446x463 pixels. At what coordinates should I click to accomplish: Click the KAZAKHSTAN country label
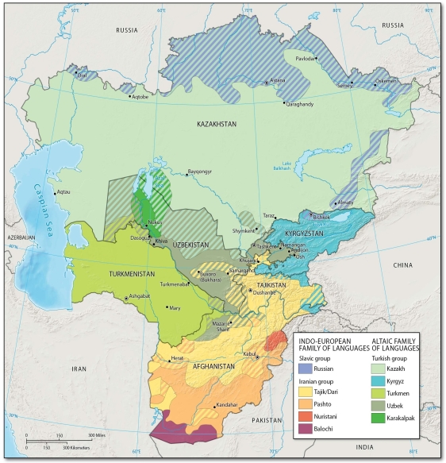coord(217,125)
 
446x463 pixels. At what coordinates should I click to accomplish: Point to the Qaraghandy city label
coord(301,104)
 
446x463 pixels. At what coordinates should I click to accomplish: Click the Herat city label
coord(177,357)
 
